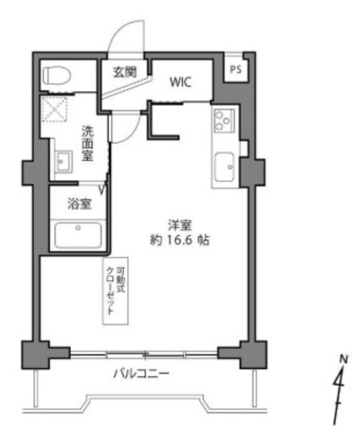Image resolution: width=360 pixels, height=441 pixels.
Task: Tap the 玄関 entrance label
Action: [125, 72]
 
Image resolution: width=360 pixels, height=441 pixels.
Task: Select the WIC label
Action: [181, 82]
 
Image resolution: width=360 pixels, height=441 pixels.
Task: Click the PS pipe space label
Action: [236, 69]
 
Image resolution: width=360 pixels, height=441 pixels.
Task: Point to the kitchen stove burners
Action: [224, 121]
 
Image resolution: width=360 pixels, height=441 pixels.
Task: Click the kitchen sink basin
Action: [225, 167]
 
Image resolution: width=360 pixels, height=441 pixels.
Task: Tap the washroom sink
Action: [63, 161]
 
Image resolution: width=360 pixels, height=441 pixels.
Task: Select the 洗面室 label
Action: [88, 143]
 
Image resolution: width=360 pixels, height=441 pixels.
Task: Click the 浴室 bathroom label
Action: [79, 204]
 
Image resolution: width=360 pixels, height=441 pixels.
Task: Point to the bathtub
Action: [78, 235]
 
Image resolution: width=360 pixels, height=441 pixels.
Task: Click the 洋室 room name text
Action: [180, 225]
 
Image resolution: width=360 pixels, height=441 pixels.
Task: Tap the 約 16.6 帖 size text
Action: [179, 240]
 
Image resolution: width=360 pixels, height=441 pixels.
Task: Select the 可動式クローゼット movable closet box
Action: [115, 291]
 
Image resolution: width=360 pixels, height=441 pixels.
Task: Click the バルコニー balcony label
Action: [141, 373]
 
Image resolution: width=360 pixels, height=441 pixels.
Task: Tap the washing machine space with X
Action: [54, 109]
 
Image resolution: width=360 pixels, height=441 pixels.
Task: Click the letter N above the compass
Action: [343, 358]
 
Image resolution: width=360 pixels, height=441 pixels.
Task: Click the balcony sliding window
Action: [144, 355]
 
